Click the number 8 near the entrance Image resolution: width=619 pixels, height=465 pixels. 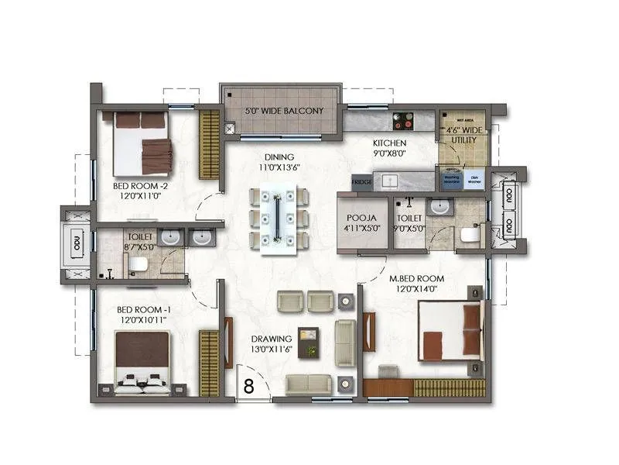[249, 386]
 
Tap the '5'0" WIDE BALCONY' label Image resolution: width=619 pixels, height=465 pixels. [279, 111]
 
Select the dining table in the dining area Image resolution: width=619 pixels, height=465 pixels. [276, 219]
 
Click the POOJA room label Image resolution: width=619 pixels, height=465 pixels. [362, 219]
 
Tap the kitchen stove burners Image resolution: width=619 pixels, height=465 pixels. [403, 120]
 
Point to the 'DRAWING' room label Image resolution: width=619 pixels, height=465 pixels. [271, 339]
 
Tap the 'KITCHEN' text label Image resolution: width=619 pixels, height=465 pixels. [388, 143]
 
